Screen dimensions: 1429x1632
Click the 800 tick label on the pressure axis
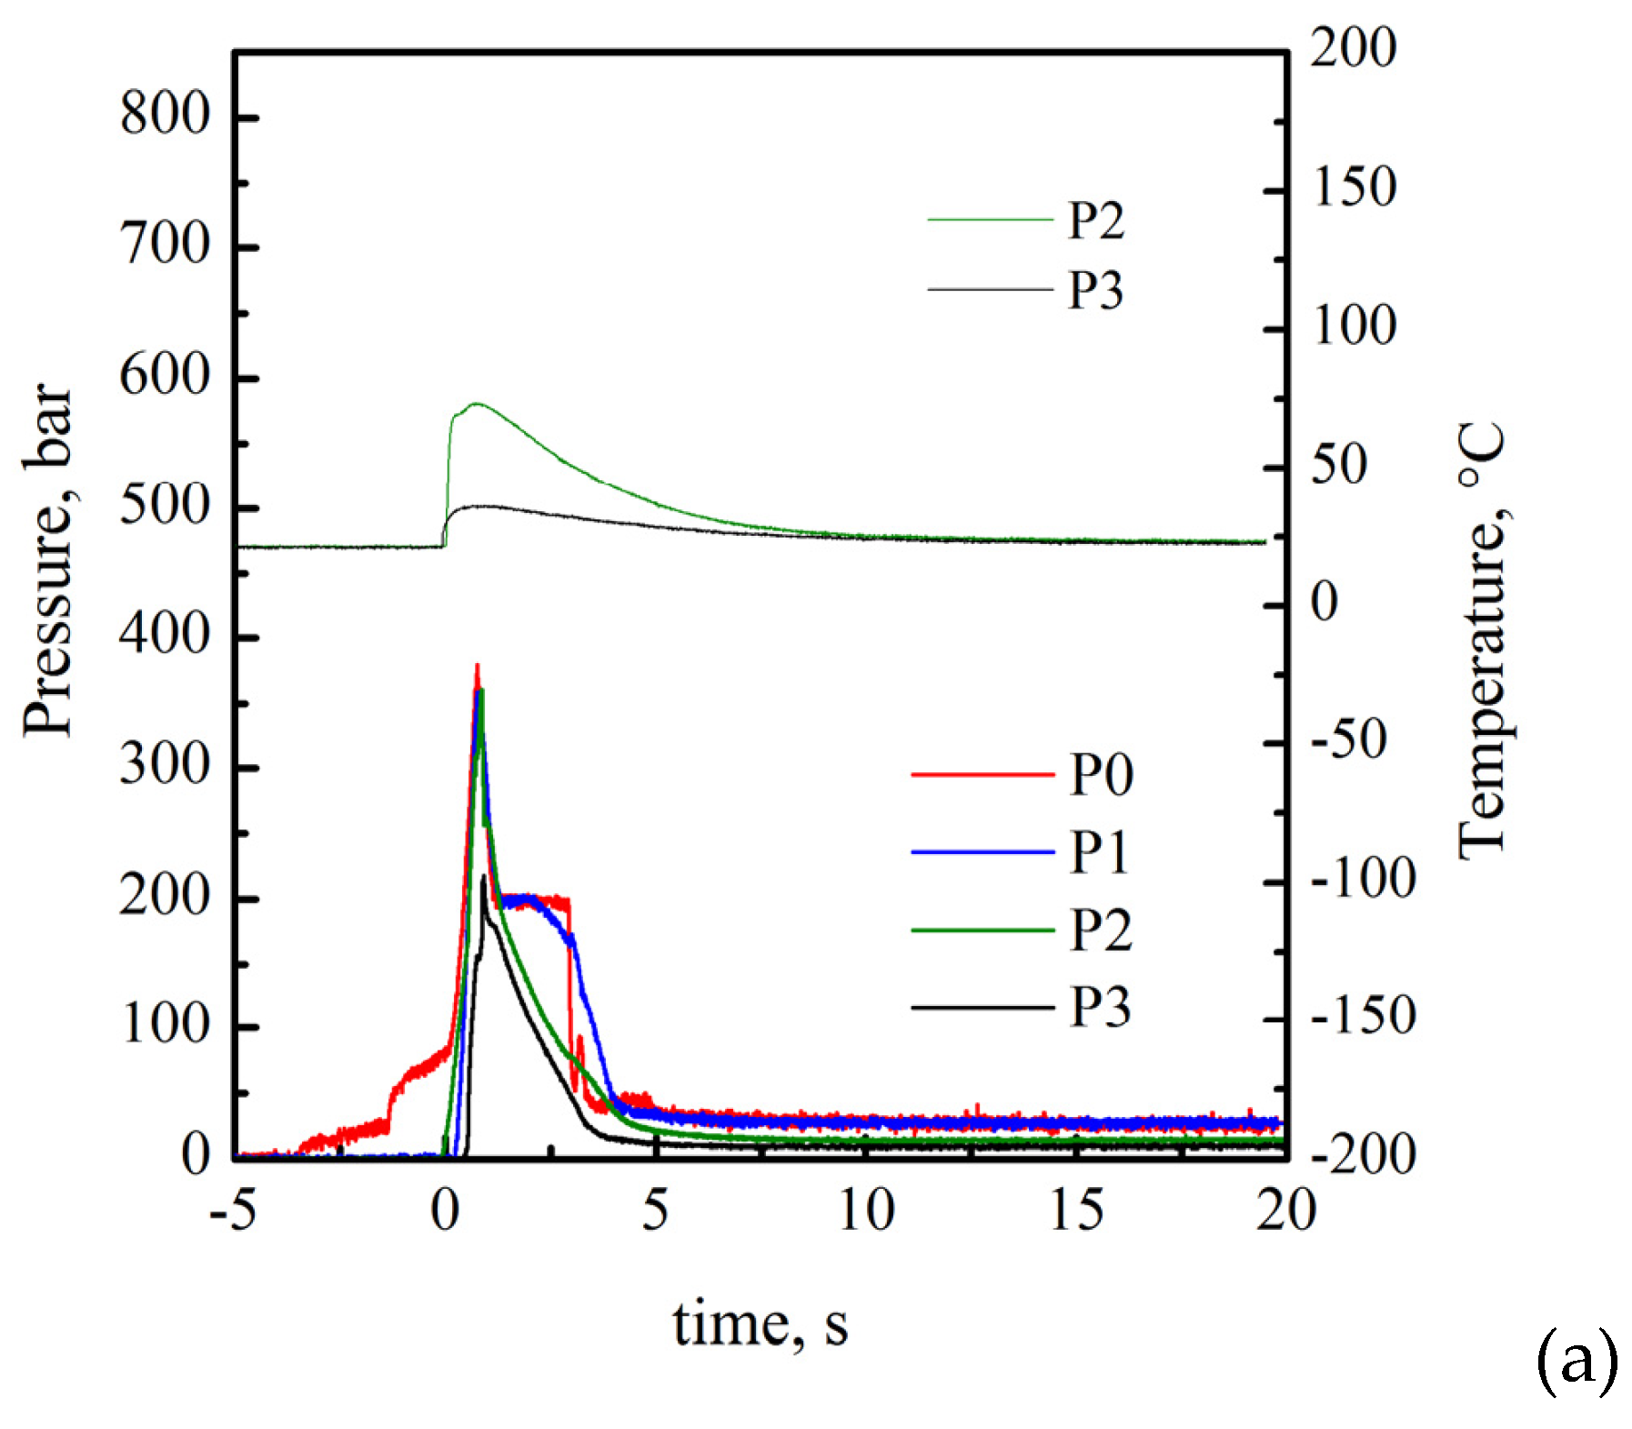(165, 116)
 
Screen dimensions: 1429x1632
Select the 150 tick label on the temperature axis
(1354, 188)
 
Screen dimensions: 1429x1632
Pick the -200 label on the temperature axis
(1363, 1155)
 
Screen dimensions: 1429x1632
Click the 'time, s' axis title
(760, 1325)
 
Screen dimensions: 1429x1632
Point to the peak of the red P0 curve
(477, 666)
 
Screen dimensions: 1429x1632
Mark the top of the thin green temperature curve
(476, 403)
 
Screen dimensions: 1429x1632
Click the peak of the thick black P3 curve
(484, 876)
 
